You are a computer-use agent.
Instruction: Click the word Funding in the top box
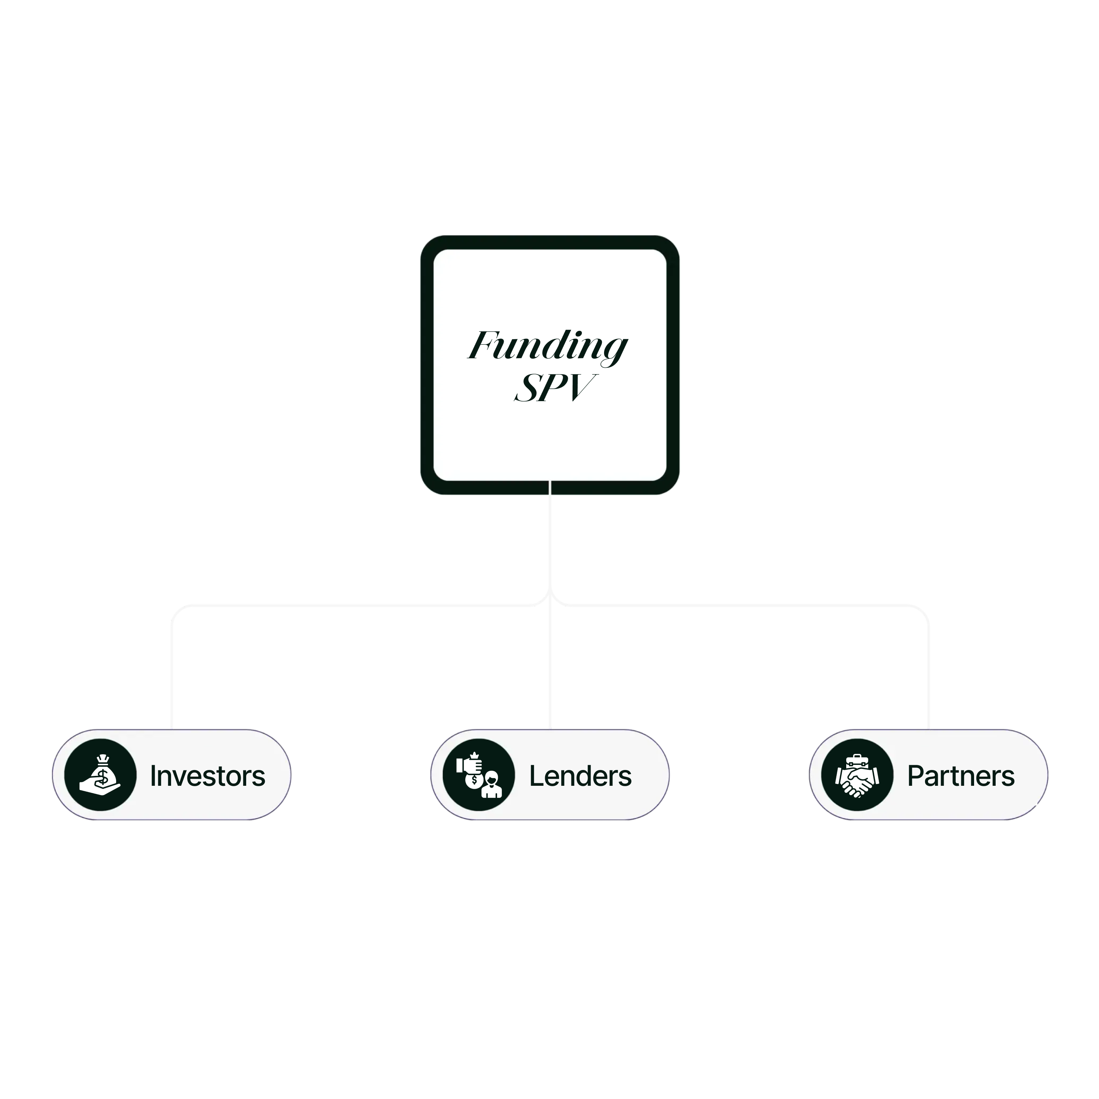[548, 346]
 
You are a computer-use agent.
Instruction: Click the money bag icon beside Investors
[100, 775]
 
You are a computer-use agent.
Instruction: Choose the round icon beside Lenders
[478, 775]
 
